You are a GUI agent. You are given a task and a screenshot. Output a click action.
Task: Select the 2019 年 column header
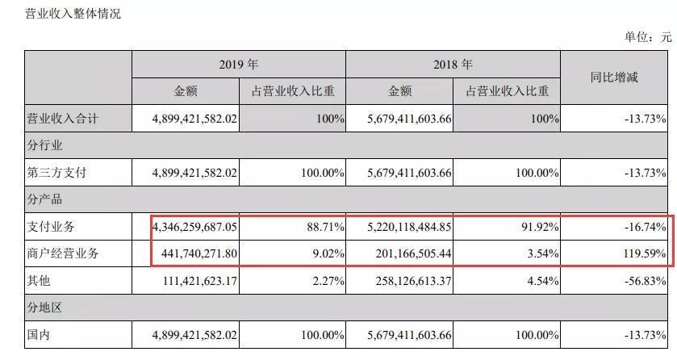[x=238, y=65]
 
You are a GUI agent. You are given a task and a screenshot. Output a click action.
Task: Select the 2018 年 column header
[x=452, y=65]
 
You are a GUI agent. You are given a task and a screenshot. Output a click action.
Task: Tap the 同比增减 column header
[x=613, y=77]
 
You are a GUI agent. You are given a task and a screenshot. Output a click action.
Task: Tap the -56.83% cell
[x=644, y=280]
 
